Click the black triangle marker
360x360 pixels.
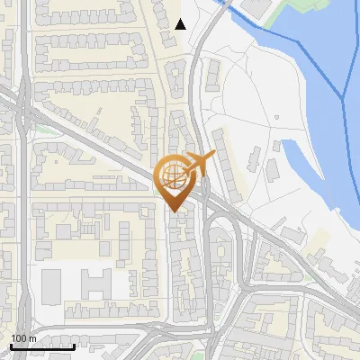coord(180,24)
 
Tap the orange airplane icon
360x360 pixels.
coord(200,163)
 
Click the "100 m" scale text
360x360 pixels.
coord(22,337)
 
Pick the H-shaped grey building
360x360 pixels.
coord(97,285)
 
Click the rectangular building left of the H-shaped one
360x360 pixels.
coord(51,286)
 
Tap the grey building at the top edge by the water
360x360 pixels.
coord(256,7)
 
